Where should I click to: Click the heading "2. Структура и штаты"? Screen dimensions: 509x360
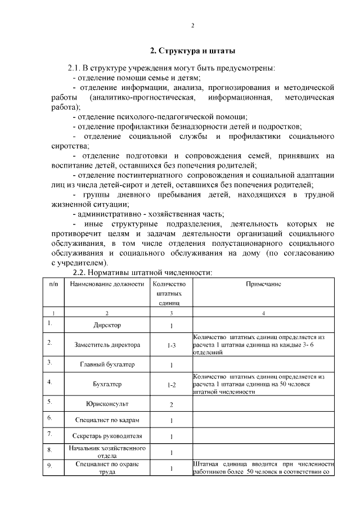tap(192, 51)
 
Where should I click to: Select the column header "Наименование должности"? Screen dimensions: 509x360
tap(107, 284)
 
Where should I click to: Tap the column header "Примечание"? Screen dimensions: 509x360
tap(264, 284)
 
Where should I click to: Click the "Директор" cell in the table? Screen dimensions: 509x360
tap(107, 325)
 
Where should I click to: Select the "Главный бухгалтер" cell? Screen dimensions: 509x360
tap(107, 364)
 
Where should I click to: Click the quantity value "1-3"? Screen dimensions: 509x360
tap(172, 345)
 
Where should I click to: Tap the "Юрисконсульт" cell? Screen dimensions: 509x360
tap(107, 404)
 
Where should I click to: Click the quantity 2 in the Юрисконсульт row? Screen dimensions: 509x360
tap(172, 404)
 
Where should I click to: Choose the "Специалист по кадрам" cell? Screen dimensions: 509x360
tap(107, 420)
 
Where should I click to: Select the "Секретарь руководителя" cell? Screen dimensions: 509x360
tap(107, 436)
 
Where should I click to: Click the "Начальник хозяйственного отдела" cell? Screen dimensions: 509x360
tap(107, 452)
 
